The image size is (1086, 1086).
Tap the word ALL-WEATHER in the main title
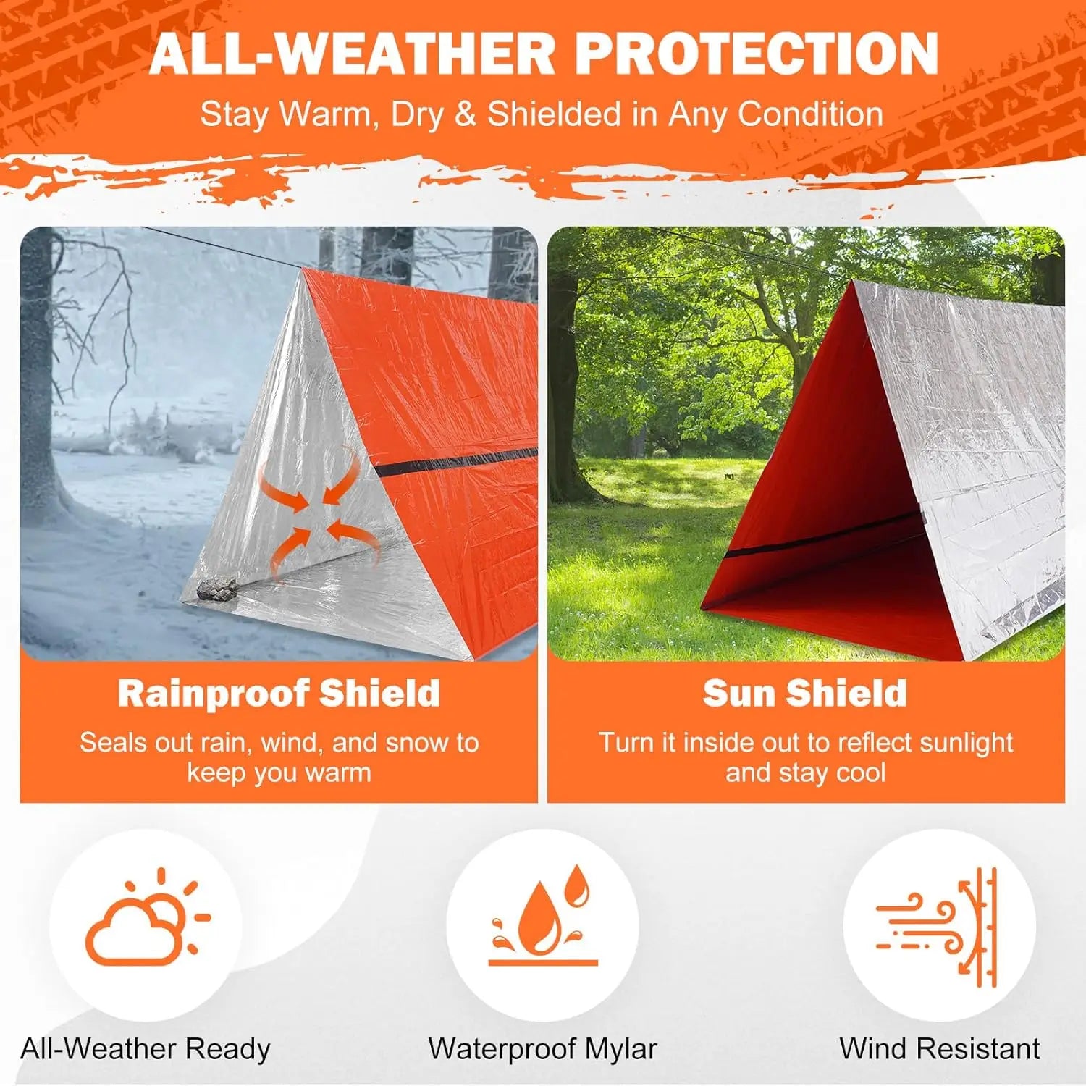[x=353, y=54]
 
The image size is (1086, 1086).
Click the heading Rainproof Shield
[x=279, y=693]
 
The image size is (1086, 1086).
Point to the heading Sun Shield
[x=804, y=693]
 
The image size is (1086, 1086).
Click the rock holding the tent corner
[x=216, y=589]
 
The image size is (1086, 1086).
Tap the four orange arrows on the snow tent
[x=319, y=513]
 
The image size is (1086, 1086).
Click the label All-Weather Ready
[x=146, y=1049]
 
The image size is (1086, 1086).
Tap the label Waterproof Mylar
[x=542, y=1049]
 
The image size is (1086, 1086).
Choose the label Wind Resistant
[x=939, y=1049]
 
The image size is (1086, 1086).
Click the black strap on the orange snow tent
[x=456, y=460]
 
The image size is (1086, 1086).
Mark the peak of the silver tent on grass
[x=856, y=283]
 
